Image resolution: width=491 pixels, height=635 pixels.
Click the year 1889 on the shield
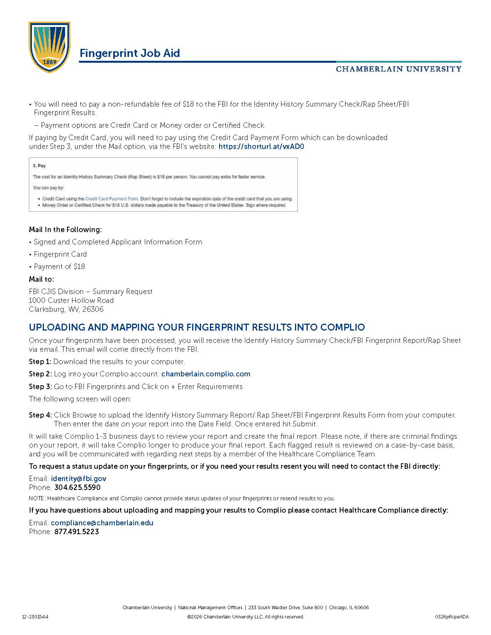(x=50, y=62)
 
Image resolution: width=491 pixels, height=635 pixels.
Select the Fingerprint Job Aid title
(x=129, y=53)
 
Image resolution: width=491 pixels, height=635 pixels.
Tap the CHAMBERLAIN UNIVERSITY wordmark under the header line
(x=398, y=69)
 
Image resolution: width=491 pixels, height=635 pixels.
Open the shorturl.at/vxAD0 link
(x=261, y=147)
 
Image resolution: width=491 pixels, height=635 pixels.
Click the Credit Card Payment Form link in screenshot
(x=111, y=199)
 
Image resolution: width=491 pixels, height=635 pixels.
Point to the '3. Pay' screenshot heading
(x=39, y=166)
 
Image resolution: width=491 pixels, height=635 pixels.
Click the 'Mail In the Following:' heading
(x=65, y=230)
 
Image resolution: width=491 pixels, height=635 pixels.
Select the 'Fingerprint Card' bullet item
(x=60, y=254)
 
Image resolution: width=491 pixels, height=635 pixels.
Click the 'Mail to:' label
(x=41, y=279)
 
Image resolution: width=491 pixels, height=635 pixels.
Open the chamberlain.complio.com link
(x=206, y=374)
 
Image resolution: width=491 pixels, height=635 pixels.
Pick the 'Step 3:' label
(x=40, y=387)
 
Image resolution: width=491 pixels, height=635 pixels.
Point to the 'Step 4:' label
(x=40, y=415)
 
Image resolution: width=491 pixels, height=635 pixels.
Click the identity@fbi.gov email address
(x=79, y=479)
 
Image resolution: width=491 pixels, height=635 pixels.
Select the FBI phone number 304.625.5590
(x=77, y=488)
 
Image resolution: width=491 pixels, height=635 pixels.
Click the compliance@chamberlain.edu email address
(x=102, y=523)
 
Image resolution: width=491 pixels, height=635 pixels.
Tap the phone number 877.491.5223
(x=77, y=532)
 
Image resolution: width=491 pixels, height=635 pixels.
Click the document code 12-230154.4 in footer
(x=35, y=617)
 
